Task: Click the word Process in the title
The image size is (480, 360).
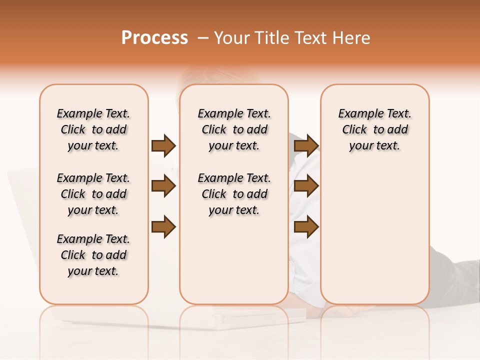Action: point(154,38)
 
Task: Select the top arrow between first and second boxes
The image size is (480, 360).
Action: point(163,145)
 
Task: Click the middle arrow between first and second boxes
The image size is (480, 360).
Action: point(163,186)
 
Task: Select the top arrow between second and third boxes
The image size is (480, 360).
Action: point(306,145)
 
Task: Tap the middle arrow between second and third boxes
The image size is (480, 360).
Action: point(306,186)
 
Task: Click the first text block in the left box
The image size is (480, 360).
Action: point(93,129)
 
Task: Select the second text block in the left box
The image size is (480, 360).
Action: point(93,194)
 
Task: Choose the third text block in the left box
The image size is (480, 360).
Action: point(93,255)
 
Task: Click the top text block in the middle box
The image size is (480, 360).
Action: point(234,129)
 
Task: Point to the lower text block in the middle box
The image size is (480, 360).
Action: point(234,194)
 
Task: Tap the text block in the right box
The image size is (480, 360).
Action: point(375,129)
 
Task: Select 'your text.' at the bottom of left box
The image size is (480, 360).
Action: point(93,271)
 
